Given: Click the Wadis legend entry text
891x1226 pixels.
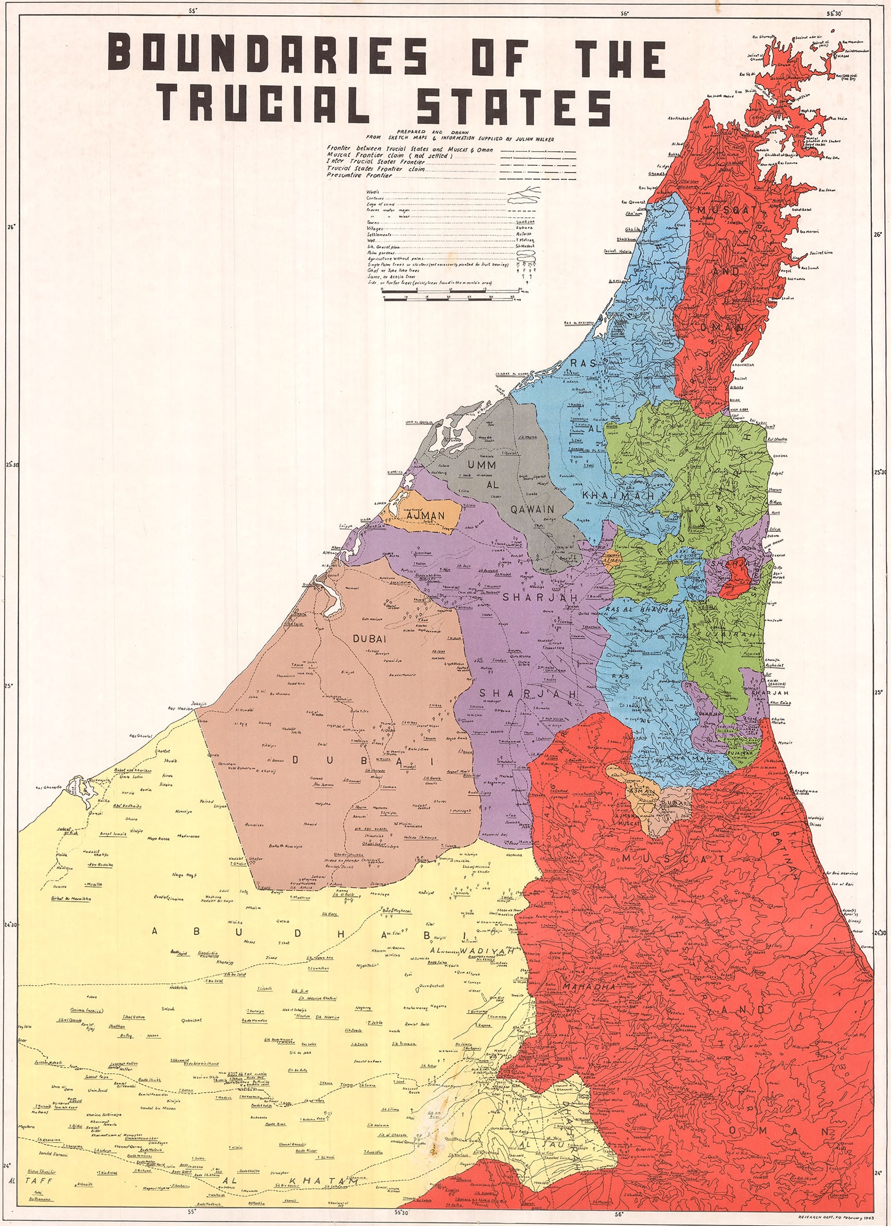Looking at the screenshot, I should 373,191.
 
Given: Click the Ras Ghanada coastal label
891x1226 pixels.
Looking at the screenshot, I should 47,788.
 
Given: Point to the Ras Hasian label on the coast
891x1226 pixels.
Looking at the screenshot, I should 180,709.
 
